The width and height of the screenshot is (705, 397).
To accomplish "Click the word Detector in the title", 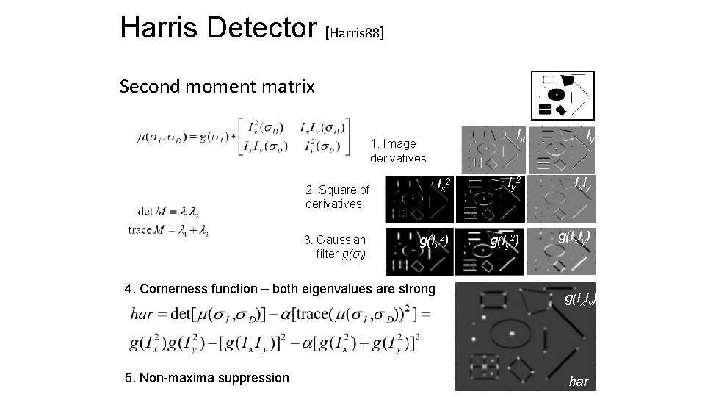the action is (x=261, y=28).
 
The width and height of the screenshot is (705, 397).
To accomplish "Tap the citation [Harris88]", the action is (x=354, y=32).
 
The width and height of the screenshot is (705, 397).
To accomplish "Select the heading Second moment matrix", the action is (x=217, y=87).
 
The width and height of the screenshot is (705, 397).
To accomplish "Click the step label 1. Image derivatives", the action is (x=397, y=151).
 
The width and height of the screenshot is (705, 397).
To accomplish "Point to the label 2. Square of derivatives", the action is (x=337, y=197).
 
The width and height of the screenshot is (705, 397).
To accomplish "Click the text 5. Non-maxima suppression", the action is (x=208, y=378).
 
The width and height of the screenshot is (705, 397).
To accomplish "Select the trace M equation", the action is (x=168, y=231).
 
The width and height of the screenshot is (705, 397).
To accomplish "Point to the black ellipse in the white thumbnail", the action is (x=556, y=94).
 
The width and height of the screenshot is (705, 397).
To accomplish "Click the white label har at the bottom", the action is (x=578, y=382).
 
